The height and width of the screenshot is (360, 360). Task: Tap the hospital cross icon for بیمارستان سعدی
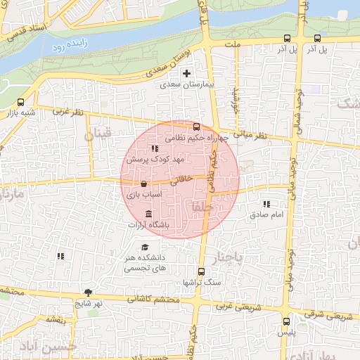point(186,73)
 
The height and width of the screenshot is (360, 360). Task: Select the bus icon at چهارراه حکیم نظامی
point(196,128)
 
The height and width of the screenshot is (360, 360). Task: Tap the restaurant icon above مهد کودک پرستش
point(155,148)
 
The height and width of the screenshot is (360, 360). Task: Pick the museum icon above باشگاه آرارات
point(148,214)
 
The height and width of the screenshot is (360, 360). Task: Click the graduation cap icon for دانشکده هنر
point(145,247)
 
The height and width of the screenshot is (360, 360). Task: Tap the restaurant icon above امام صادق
point(266,203)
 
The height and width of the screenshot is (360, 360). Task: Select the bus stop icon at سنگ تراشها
point(202,271)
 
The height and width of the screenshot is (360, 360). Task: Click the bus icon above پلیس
point(285,321)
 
